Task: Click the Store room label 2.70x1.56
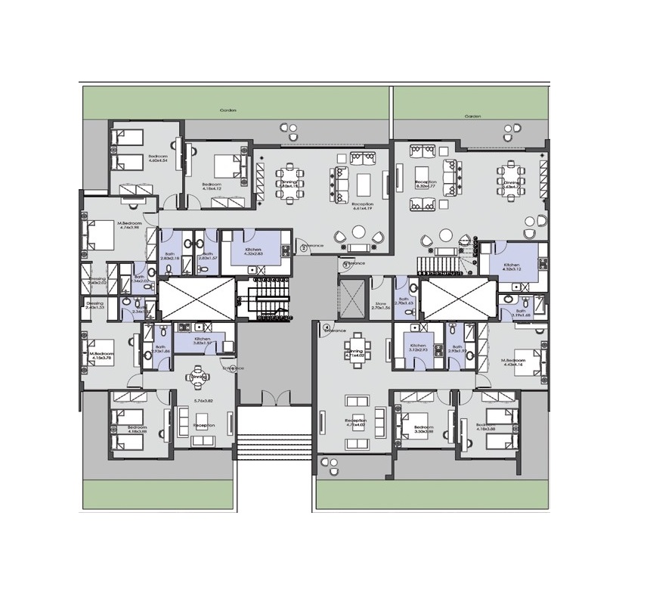381,306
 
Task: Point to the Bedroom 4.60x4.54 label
157,157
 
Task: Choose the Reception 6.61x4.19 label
364,207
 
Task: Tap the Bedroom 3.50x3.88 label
417,430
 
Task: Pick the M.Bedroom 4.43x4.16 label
515,362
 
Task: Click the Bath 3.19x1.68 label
522,314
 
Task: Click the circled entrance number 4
327,328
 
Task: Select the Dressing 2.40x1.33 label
94,306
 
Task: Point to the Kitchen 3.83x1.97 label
202,341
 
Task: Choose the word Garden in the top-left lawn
228,110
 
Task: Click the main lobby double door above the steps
274,399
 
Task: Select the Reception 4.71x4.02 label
355,423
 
